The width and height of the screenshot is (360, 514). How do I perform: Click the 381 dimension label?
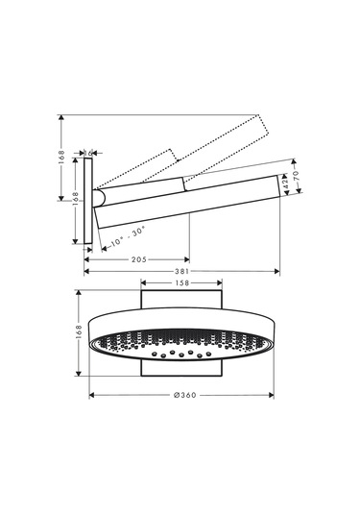click(x=182, y=271)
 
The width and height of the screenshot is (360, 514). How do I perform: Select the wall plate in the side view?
click(x=88, y=200)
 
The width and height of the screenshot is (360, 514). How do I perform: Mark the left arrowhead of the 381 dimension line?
click(x=88, y=271)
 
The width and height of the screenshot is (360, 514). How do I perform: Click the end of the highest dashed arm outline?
click(x=261, y=120)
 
